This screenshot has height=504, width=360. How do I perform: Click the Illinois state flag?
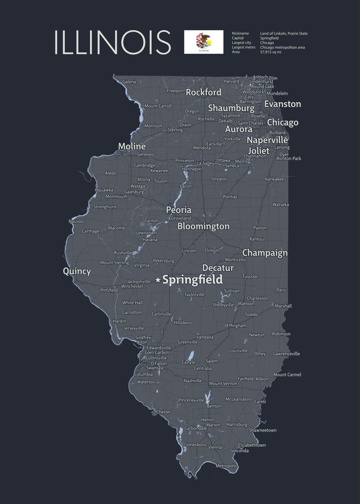coord(203,42)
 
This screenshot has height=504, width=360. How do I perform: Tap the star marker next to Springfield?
coord(158,280)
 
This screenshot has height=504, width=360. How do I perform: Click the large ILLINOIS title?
coord(112,42)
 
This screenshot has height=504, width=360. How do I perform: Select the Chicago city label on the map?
coord(283,123)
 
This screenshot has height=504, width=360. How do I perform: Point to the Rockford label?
coord(204,92)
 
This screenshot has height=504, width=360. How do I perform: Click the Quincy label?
coord(77,271)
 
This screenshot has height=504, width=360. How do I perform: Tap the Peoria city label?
coord(179,210)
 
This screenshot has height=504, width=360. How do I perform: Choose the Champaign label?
coord(265,253)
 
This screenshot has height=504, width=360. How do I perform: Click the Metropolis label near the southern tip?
coord(226,466)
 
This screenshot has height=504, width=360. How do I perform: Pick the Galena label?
coord(129,81)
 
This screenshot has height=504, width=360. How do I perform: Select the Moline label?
coord(132,146)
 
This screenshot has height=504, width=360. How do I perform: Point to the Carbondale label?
coord(196,428)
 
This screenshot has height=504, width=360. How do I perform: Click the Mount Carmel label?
coord(287,375)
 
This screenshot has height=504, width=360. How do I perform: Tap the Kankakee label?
coord(274,179)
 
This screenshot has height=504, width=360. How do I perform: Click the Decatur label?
coord(218,268)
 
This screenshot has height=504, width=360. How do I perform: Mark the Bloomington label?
coord(203,226)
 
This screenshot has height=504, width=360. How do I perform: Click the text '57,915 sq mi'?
coord(271,52)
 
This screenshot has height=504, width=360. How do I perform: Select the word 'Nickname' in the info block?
coord(240,34)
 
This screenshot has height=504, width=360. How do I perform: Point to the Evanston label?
coord(283,104)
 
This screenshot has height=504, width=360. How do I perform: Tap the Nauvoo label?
coord(76,221)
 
